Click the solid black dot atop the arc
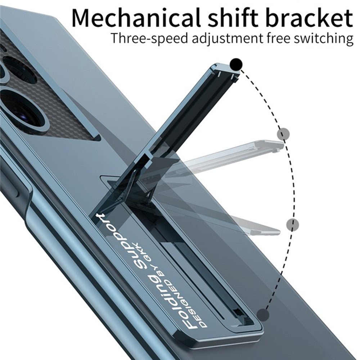point(236,64)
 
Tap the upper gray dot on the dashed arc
point(283,134)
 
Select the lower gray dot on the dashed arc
point(293,224)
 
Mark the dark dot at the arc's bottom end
point(263,315)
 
